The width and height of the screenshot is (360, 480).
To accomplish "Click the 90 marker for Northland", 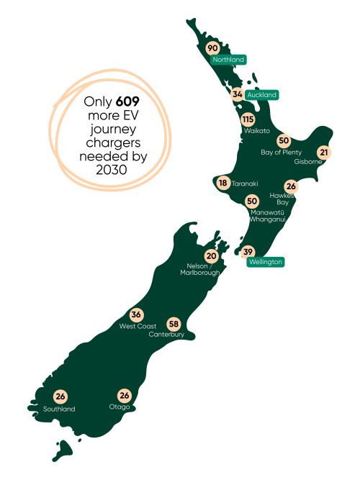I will coord(212,48).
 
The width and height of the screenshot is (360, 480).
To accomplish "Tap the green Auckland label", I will coord(261,95).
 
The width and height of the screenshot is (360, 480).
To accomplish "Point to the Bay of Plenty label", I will coord(281,152).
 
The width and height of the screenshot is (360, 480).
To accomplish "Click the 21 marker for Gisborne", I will coord(324,152).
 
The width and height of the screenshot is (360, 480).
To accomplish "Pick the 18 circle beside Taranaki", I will coord(223,183).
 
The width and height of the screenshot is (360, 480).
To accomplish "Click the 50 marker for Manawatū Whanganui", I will coord(252,201).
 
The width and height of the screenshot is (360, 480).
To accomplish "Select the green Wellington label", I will coord(265,262).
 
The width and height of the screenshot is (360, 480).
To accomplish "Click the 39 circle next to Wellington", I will coord(248,251).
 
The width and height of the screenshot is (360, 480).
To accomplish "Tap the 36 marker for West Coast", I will coord(136,314).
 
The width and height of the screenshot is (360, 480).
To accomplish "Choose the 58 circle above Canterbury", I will coord(174,324).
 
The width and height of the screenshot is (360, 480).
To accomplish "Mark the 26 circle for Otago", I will coord(125,396).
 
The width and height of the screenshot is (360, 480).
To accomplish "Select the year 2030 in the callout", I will coord(110,170).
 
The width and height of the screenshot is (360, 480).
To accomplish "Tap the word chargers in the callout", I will coord(110,141).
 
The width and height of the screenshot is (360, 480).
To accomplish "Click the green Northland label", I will coord(229,60).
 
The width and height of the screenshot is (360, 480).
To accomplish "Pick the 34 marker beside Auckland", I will coord(237,94).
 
